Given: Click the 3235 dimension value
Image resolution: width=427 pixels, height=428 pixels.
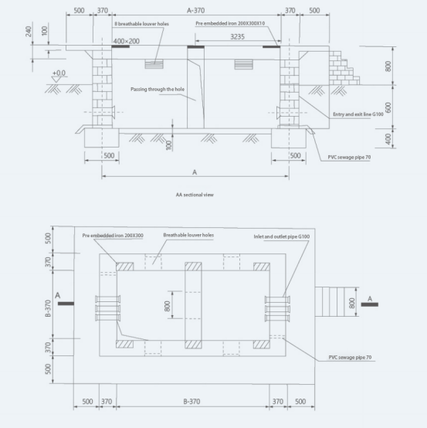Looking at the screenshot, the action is tap(237, 37).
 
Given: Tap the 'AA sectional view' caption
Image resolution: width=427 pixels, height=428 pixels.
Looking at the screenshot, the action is tap(195, 195).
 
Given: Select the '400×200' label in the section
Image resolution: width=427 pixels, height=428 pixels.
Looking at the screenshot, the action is tap(127, 41).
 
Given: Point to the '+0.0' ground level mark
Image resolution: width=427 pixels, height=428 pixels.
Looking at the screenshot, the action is tap(59, 73).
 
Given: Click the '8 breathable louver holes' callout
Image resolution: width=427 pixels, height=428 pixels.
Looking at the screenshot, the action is tap(141, 24).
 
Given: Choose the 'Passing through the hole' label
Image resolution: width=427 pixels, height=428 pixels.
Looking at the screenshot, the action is tap(158, 90).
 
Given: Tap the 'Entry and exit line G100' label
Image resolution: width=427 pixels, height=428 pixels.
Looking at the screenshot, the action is tap(358, 114).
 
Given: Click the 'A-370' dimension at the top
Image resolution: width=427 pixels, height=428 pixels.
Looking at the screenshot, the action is tap(195, 11).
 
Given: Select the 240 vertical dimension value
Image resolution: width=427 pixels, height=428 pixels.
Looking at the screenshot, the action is tap(29, 32).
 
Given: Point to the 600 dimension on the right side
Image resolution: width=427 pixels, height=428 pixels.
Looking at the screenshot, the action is tap(388, 107).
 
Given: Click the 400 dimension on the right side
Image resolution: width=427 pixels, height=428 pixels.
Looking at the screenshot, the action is tap(388, 138).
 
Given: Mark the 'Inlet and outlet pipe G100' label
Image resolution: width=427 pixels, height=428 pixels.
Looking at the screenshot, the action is tap(282, 236).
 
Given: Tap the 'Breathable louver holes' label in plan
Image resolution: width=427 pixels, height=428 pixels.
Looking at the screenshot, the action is tap(188, 235).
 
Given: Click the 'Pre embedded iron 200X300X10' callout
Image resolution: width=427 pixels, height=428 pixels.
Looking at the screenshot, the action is tap(230, 23).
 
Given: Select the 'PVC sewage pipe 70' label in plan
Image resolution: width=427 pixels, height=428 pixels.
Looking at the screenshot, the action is tap(350, 357).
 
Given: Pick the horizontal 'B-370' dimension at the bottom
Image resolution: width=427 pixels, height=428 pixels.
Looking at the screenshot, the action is tap(191, 402).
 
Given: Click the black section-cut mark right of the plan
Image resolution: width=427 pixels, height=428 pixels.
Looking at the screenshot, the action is tap(370, 304).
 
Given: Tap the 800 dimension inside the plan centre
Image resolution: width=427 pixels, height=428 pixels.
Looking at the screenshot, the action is tap(168, 306).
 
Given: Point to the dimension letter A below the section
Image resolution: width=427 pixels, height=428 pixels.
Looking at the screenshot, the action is tap(195, 172).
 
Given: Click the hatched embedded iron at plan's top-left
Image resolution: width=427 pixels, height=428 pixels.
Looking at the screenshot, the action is tap(124, 267).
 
